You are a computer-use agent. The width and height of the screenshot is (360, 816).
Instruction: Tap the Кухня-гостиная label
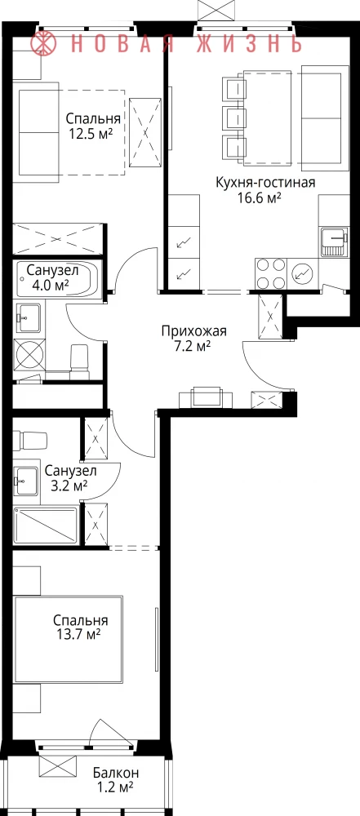click(x=265, y=183)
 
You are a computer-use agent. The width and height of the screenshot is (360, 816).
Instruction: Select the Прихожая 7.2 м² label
click(x=193, y=338)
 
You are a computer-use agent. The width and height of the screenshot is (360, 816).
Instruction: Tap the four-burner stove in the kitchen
click(x=271, y=273)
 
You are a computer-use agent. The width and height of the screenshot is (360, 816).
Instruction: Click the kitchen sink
click(x=333, y=242)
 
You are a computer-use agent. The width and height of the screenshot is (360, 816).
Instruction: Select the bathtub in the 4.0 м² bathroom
click(x=58, y=279)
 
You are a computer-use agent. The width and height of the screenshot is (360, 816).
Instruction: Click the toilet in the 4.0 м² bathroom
click(x=80, y=361)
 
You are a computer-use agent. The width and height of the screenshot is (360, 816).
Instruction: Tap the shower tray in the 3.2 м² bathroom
click(x=46, y=525)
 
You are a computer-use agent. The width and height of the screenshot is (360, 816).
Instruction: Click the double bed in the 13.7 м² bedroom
click(x=68, y=640)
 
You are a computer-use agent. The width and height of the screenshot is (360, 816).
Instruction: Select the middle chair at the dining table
click(x=233, y=118)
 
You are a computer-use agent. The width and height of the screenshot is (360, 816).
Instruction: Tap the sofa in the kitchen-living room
click(x=325, y=118)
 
